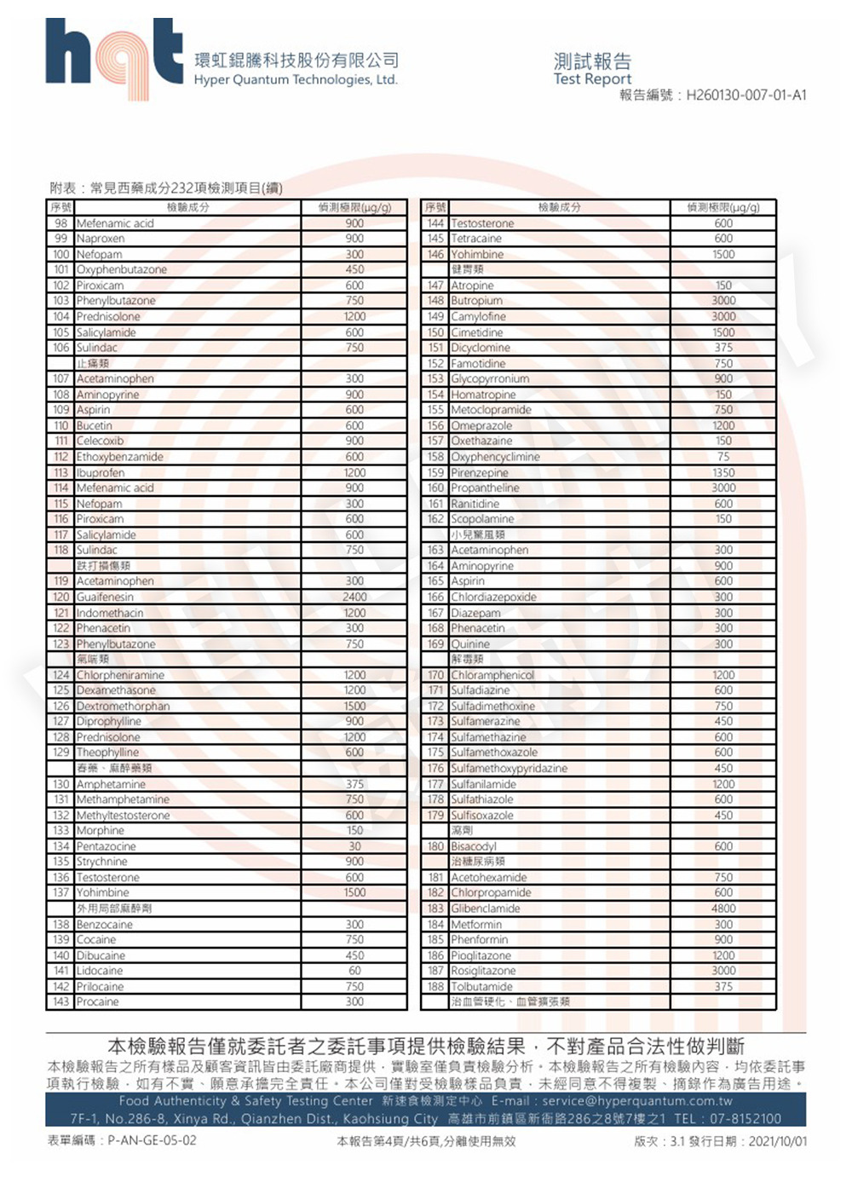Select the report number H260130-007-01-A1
pos(746,95)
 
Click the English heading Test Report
pos(592,79)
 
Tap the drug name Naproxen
pos(101,239)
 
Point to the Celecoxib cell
pos(101,441)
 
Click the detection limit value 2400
pos(354,597)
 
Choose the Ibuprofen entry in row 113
pos(101,472)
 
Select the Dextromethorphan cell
pos(124,706)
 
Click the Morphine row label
pos(101,830)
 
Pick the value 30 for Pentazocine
pos(354,846)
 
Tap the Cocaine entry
pos(96,939)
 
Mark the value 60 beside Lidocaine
pos(354,971)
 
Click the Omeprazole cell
pos(481,425)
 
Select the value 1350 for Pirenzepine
pos(723,472)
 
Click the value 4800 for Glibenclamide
pos(723,909)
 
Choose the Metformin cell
pos(476,924)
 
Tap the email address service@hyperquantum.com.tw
pos(636,1100)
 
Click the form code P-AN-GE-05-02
pos(152,1140)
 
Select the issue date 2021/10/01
pos(777,1141)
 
